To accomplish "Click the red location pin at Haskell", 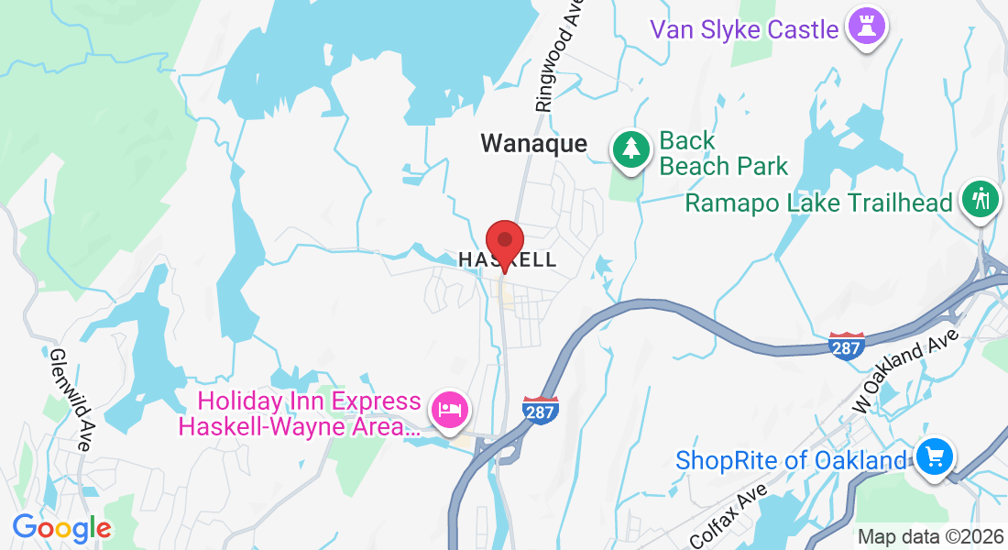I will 504,244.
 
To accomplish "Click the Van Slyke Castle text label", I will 744,29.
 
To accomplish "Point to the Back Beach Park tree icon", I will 630,149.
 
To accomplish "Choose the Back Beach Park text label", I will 724,153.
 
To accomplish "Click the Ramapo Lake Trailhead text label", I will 818,203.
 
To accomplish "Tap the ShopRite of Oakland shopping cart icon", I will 935,456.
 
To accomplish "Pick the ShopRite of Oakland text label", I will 790,459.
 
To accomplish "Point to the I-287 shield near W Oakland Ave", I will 845,346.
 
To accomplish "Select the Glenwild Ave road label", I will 69,400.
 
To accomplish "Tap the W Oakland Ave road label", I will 907,370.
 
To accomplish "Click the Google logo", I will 61,528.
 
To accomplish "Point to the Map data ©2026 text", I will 930,537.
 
